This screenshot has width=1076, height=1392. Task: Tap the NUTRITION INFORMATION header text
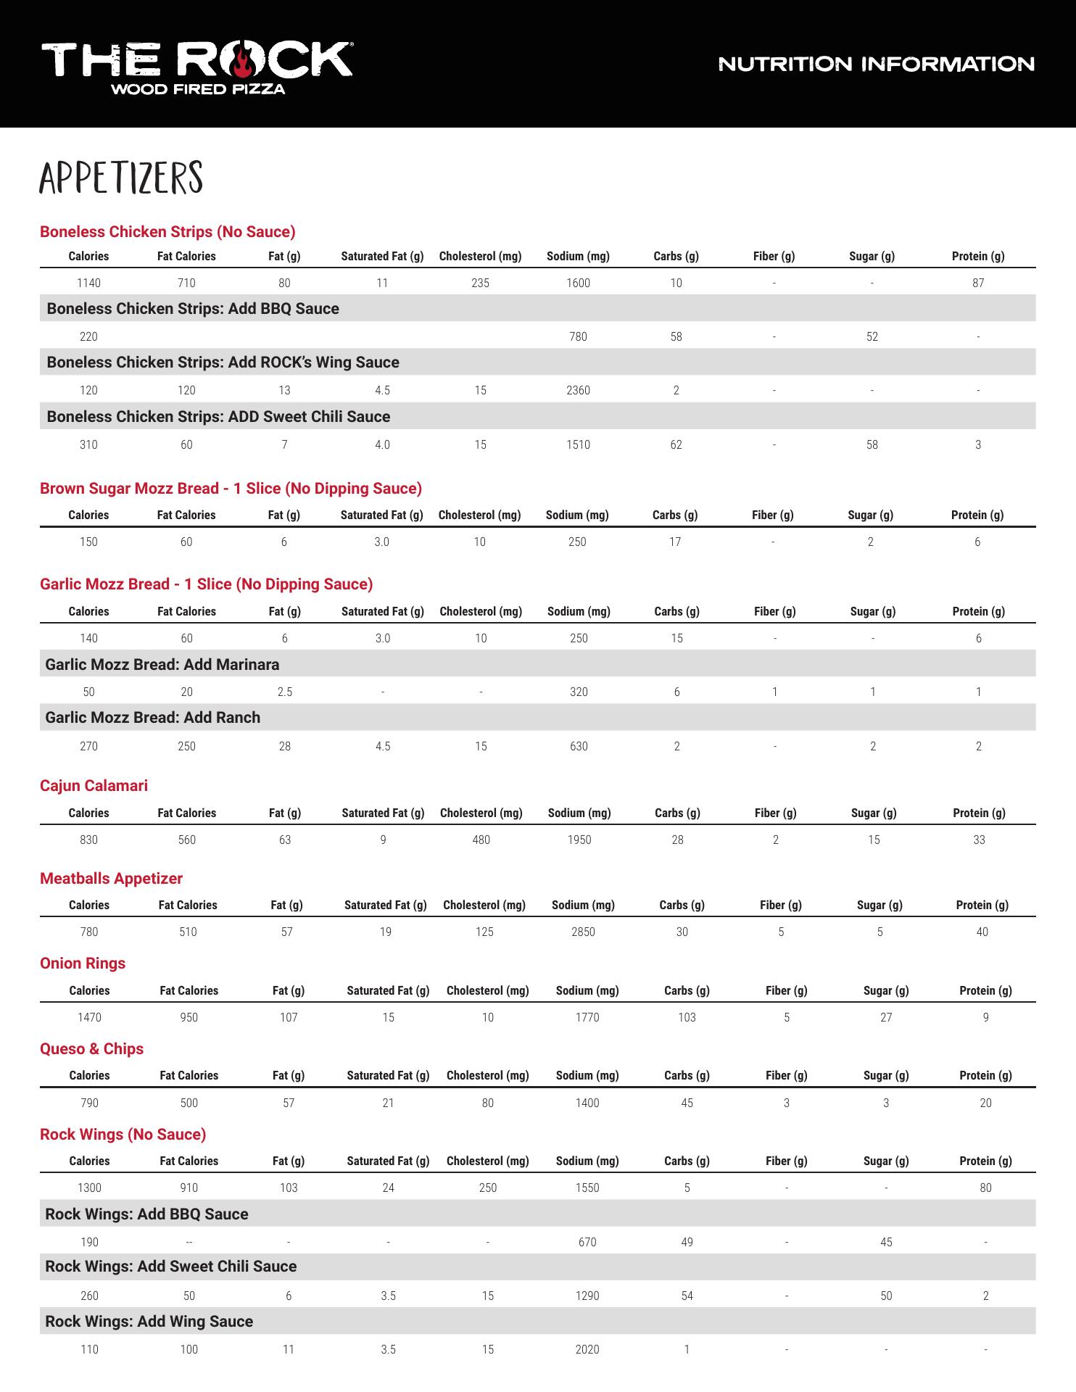(x=876, y=64)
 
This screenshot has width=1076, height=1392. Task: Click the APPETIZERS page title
(x=121, y=178)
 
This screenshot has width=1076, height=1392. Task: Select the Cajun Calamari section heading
(x=94, y=786)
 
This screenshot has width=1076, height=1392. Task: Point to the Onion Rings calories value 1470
(x=89, y=1017)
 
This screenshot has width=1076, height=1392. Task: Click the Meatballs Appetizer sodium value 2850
(x=583, y=932)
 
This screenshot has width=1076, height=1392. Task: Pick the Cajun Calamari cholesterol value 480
(x=481, y=840)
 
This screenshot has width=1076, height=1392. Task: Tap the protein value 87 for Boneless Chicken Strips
(x=978, y=283)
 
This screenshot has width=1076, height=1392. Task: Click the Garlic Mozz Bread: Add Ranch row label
(x=152, y=718)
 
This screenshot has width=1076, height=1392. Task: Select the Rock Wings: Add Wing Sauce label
(x=149, y=1321)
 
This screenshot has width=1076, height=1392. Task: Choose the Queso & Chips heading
(x=91, y=1049)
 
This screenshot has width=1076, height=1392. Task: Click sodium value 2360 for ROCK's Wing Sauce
(x=578, y=390)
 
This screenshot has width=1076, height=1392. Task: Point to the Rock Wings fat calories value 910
(x=189, y=1188)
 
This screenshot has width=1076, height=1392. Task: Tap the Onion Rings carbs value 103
(x=687, y=1017)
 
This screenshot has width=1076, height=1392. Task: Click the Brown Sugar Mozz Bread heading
(x=231, y=489)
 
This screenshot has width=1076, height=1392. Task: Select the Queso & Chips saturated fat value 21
(x=388, y=1103)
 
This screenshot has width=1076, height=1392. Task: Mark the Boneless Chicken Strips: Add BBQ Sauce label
(x=193, y=309)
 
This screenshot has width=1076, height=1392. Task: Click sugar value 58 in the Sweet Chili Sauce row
(x=872, y=444)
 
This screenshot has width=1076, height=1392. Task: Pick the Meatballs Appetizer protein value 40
(x=982, y=932)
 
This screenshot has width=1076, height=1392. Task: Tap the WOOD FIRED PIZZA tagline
(x=197, y=90)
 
